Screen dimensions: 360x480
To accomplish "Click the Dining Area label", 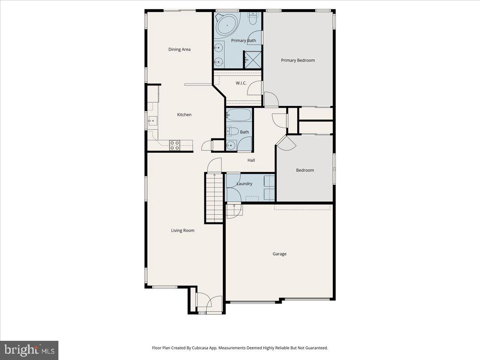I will [179, 50].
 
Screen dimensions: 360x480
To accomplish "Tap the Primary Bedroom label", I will [298, 60].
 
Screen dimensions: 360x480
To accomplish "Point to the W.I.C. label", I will [241, 83].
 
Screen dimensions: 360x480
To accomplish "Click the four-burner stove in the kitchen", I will [174, 145].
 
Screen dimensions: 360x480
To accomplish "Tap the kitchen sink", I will [153, 120].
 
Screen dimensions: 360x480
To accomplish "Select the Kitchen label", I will [184, 115].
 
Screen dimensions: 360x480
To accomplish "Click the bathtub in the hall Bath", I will [239, 116].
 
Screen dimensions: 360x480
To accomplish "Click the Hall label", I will [251, 160].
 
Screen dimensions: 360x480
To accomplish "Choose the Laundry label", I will [244, 184].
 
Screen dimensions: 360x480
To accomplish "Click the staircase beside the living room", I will [214, 198].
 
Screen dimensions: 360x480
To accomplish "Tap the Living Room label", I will [183, 230].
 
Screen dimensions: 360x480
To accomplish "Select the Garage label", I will [280, 254].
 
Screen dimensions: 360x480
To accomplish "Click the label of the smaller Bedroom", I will [305, 170].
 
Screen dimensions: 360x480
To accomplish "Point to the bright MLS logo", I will [29, 350].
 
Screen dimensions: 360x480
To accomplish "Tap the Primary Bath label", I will [244, 40].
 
